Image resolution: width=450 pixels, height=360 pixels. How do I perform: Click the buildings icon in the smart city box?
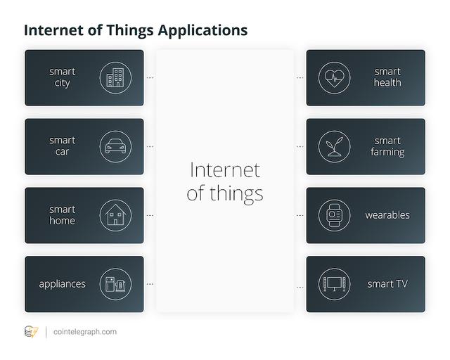coord(115,77)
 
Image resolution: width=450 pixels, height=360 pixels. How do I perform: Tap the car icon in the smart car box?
coord(115,146)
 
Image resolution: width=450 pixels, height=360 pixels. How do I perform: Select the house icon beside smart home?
coord(115,215)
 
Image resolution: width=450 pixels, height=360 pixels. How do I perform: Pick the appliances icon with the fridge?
coord(115,284)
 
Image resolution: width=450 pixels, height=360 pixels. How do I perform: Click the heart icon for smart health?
coord(335,77)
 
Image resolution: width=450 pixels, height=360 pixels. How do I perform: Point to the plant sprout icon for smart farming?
coord(335,146)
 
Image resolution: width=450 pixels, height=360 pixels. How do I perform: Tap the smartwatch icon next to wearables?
coord(335,215)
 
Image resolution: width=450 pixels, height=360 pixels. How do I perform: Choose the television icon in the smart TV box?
coord(335,284)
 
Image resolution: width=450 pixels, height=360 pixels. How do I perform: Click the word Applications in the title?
coord(202,31)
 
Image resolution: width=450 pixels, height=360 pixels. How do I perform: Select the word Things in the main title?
coord(130,30)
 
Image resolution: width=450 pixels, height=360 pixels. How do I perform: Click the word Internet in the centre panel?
coord(225,170)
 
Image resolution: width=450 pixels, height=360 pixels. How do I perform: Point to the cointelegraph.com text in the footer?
coord(85,332)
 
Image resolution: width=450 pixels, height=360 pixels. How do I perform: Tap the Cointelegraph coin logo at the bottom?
coord(31,332)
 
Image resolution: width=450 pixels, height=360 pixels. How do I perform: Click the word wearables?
coord(387,215)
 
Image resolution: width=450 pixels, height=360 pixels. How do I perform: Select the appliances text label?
coord(63,284)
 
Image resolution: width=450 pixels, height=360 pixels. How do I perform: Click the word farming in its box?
coord(387,152)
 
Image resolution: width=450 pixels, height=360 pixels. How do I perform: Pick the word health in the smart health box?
coord(387,83)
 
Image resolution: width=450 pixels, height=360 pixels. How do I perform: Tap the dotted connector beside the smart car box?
coord(150,147)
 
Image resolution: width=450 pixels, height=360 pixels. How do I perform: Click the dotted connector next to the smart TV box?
coord(300,288)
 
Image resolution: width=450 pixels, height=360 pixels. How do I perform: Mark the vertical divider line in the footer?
coord(46,332)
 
